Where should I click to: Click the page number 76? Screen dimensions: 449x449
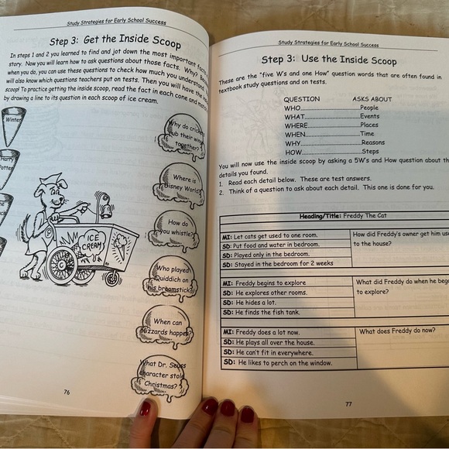click(x=67, y=392)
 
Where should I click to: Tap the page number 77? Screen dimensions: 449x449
click(x=348, y=403)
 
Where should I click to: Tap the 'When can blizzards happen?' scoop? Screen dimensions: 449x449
click(x=165, y=329)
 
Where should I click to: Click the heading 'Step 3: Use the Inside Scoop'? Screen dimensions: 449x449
click(x=328, y=60)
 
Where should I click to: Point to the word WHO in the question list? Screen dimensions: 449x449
click(x=292, y=108)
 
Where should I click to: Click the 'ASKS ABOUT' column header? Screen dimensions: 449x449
click(x=372, y=99)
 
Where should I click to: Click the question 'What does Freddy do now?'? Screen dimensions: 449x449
click(x=397, y=330)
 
